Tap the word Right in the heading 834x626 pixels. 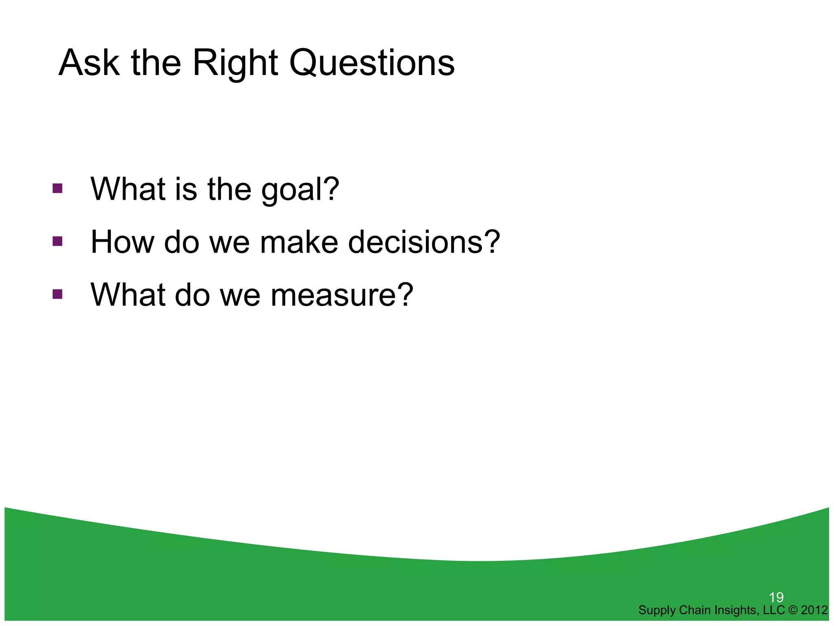click(x=235, y=64)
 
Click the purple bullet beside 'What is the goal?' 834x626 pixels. click(x=57, y=188)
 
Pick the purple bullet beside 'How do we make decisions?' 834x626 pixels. click(x=57, y=242)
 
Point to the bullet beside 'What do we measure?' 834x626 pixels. click(x=57, y=294)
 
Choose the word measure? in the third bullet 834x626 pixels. click(x=342, y=295)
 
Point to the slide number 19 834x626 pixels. click(x=776, y=597)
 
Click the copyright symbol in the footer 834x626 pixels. click(x=793, y=610)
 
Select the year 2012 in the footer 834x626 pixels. click(x=814, y=610)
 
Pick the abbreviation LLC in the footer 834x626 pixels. click(x=773, y=610)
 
